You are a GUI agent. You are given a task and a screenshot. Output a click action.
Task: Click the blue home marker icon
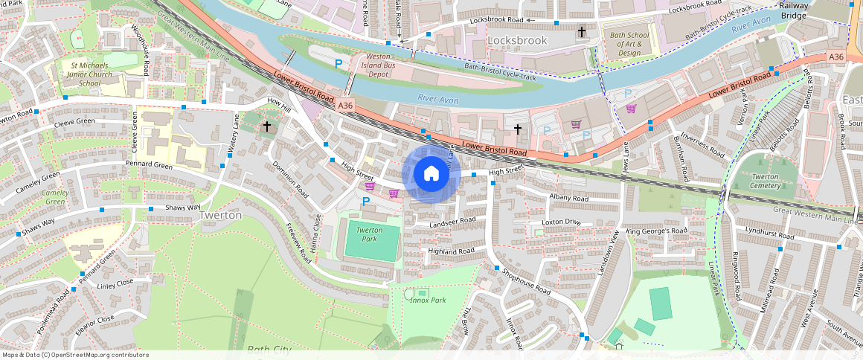click(431, 174)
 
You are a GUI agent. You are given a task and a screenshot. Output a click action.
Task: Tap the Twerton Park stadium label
click(369, 234)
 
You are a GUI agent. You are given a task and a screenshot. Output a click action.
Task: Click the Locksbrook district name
click(517, 40)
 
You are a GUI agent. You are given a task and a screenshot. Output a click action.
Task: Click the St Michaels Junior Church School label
click(90, 74)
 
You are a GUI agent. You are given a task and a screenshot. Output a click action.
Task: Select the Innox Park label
click(427, 300)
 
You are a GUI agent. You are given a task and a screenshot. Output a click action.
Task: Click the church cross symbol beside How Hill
click(266, 127)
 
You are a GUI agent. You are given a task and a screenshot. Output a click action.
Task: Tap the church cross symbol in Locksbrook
click(582, 32)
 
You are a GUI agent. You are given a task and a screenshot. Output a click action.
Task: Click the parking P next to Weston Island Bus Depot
click(339, 65)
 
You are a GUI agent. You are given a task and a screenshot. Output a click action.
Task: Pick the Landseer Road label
click(452, 221)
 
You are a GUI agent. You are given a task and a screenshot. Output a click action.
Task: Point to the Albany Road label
click(568, 199)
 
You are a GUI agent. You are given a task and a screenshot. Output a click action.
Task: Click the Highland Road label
click(451, 251)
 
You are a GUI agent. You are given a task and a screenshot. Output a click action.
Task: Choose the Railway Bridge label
click(794, 10)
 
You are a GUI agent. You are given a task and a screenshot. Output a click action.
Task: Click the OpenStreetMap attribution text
click(75, 355)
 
